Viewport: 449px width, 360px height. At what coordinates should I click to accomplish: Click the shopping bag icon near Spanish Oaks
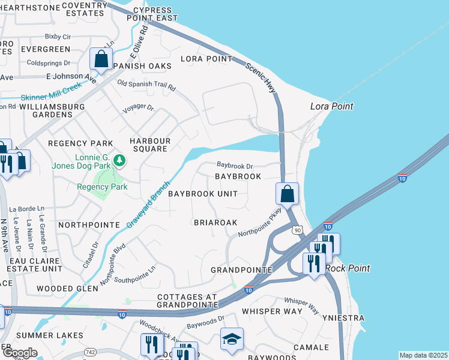point(101,59)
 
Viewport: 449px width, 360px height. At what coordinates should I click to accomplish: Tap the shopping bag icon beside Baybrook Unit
point(288,194)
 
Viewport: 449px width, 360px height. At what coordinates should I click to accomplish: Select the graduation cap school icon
point(232,339)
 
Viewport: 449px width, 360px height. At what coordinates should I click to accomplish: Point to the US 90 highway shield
point(297,230)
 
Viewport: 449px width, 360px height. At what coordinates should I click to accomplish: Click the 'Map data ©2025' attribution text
point(423,355)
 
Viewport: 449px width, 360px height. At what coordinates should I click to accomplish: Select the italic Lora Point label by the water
point(331,106)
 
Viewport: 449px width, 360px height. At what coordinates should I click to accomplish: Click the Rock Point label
point(348,268)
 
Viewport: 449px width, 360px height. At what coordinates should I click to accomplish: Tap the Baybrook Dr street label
point(235,164)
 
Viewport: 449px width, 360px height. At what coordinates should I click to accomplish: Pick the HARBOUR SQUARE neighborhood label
point(151,145)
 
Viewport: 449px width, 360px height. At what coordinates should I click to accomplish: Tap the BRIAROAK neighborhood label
point(215,222)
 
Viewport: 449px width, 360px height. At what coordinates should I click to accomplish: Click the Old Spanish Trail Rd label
point(146,85)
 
